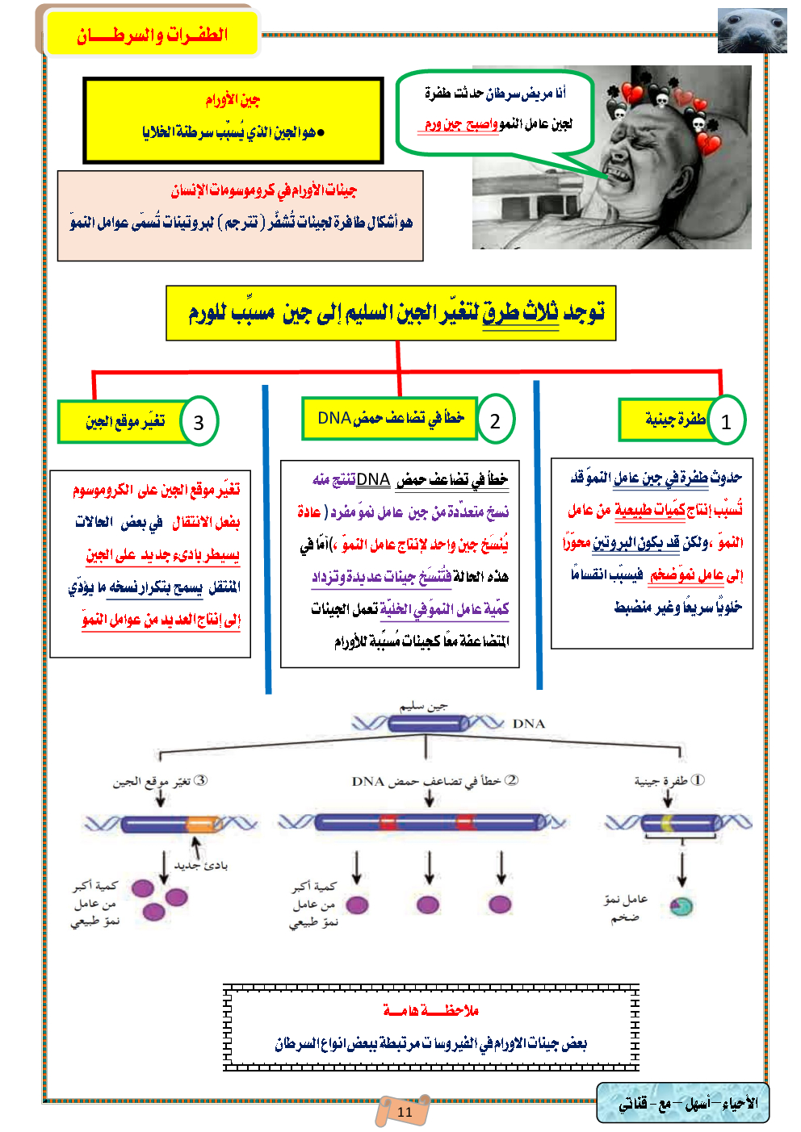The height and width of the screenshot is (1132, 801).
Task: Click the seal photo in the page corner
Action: (x=752, y=31)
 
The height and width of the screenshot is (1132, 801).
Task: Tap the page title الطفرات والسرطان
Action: (x=152, y=35)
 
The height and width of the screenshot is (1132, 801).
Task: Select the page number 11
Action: (x=405, y=1111)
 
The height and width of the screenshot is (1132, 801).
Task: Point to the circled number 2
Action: (x=495, y=420)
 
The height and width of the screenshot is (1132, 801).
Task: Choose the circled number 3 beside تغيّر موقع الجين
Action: (x=199, y=421)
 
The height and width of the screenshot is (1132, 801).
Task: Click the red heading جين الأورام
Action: (x=233, y=100)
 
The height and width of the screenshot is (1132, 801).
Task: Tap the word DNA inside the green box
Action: (x=334, y=418)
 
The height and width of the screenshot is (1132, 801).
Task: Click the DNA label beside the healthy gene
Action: (x=529, y=724)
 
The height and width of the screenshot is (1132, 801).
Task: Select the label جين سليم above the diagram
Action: (x=423, y=706)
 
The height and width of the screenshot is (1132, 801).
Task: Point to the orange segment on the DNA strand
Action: (x=201, y=824)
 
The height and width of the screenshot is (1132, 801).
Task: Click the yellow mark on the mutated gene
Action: (x=668, y=823)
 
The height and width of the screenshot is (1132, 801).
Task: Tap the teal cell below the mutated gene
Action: (x=682, y=905)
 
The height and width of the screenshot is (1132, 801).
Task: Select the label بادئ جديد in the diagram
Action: (x=201, y=866)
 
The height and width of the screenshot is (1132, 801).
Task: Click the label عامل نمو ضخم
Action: (x=625, y=909)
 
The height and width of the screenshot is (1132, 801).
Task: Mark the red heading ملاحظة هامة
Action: (x=431, y=1010)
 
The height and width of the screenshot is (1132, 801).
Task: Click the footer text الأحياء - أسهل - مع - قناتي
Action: (x=688, y=1103)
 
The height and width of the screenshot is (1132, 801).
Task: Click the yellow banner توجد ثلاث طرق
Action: (x=392, y=313)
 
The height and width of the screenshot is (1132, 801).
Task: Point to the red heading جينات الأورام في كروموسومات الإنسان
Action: (x=263, y=190)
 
